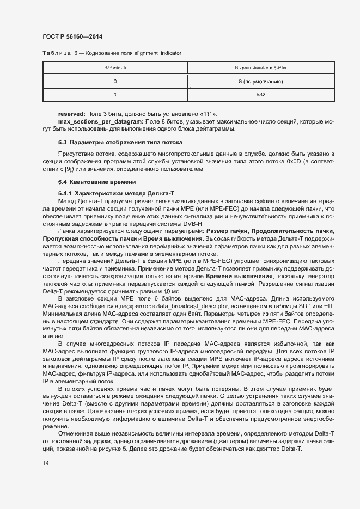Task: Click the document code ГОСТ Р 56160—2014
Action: [72, 36]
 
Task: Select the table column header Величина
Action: [115, 68]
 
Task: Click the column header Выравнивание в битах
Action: [260, 68]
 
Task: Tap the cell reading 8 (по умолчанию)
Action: [260, 82]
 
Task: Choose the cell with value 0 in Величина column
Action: [115, 82]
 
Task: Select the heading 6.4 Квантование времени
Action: [93, 181]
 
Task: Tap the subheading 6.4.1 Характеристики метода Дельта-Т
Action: [116, 194]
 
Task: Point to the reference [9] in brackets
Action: [78, 169]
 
